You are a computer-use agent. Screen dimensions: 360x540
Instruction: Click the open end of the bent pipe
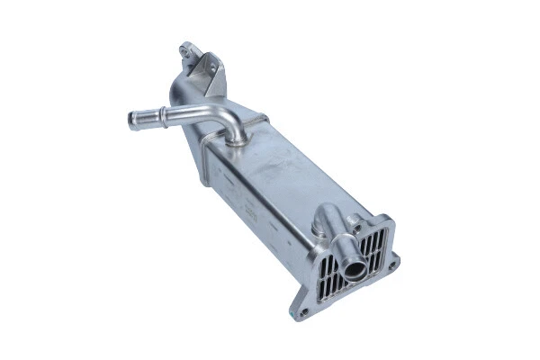coord(134,121)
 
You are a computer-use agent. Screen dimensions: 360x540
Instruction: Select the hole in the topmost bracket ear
coord(186,48)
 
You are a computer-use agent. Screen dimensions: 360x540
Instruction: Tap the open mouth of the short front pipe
coord(352,266)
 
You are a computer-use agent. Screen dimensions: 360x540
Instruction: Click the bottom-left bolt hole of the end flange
coord(304,312)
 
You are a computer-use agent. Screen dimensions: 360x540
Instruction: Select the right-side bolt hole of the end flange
coord(393,265)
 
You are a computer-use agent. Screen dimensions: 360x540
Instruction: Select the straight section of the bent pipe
coord(180,116)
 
